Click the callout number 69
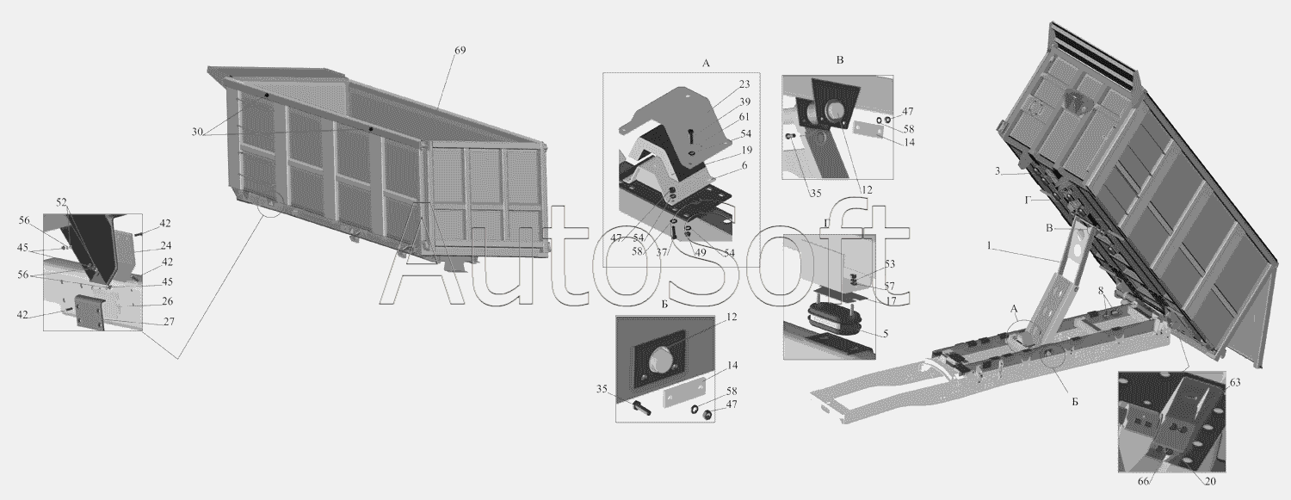(460, 51)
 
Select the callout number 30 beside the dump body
(198, 132)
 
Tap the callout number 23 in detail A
(744, 84)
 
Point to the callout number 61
(744, 117)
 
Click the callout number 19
(747, 151)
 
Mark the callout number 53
(890, 264)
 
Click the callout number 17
(891, 299)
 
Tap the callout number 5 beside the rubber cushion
(886, 334)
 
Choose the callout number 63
(1235, 382)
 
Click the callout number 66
(1144, 482)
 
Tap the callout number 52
(62, 202)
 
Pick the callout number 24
(166, 245)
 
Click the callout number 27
(169, 322)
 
